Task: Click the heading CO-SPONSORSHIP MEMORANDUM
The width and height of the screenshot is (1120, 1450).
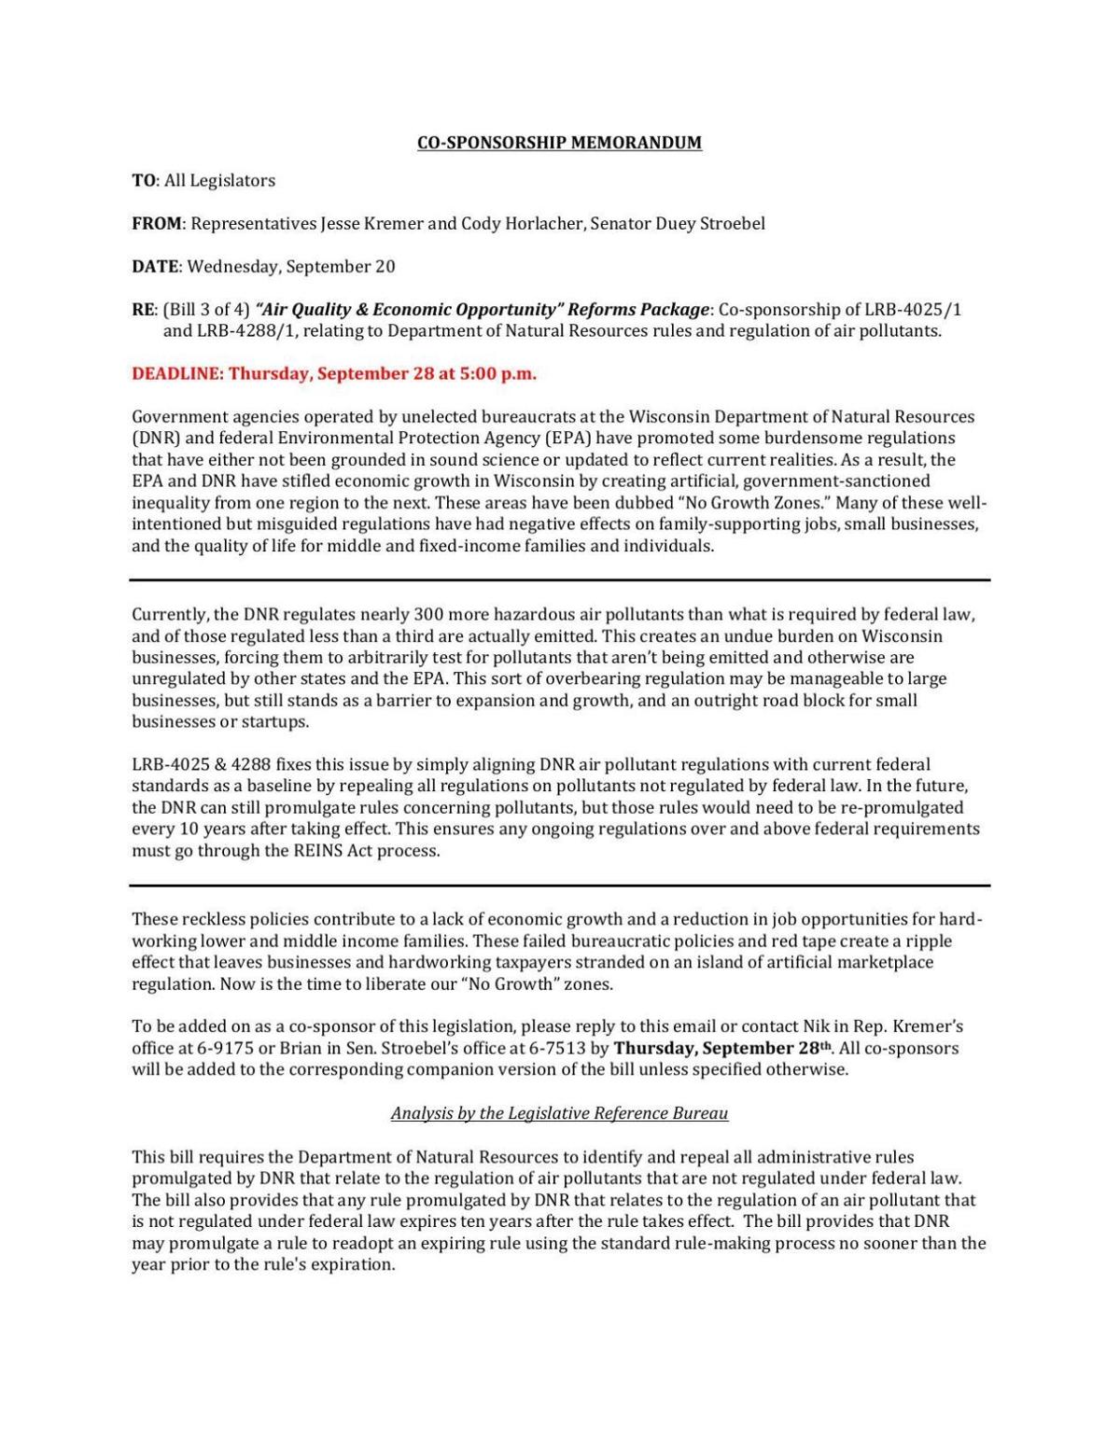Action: (x=558, y=143)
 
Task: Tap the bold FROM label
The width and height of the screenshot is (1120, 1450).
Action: (x=156, y=224)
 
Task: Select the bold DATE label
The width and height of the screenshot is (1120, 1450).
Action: (x=154, y=267)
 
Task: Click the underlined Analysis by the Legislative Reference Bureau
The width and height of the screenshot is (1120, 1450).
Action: (x=559, y=1113)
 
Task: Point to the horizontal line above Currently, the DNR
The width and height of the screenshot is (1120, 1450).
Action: (x=559, y=580)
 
